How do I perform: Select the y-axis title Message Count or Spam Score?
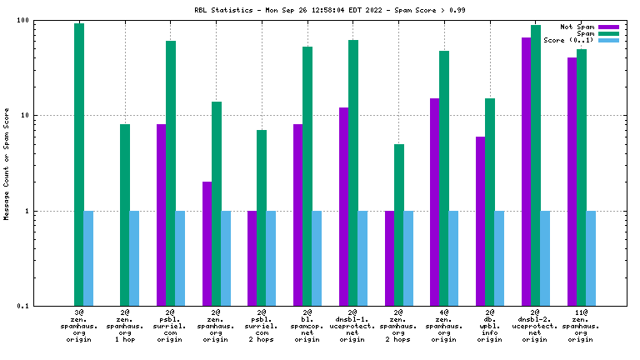[7, 163]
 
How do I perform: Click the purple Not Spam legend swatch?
[609, 27]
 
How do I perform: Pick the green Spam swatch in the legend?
[609, 34]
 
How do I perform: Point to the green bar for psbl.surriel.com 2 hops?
[262, 217]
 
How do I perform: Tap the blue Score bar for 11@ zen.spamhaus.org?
[591, 258]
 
